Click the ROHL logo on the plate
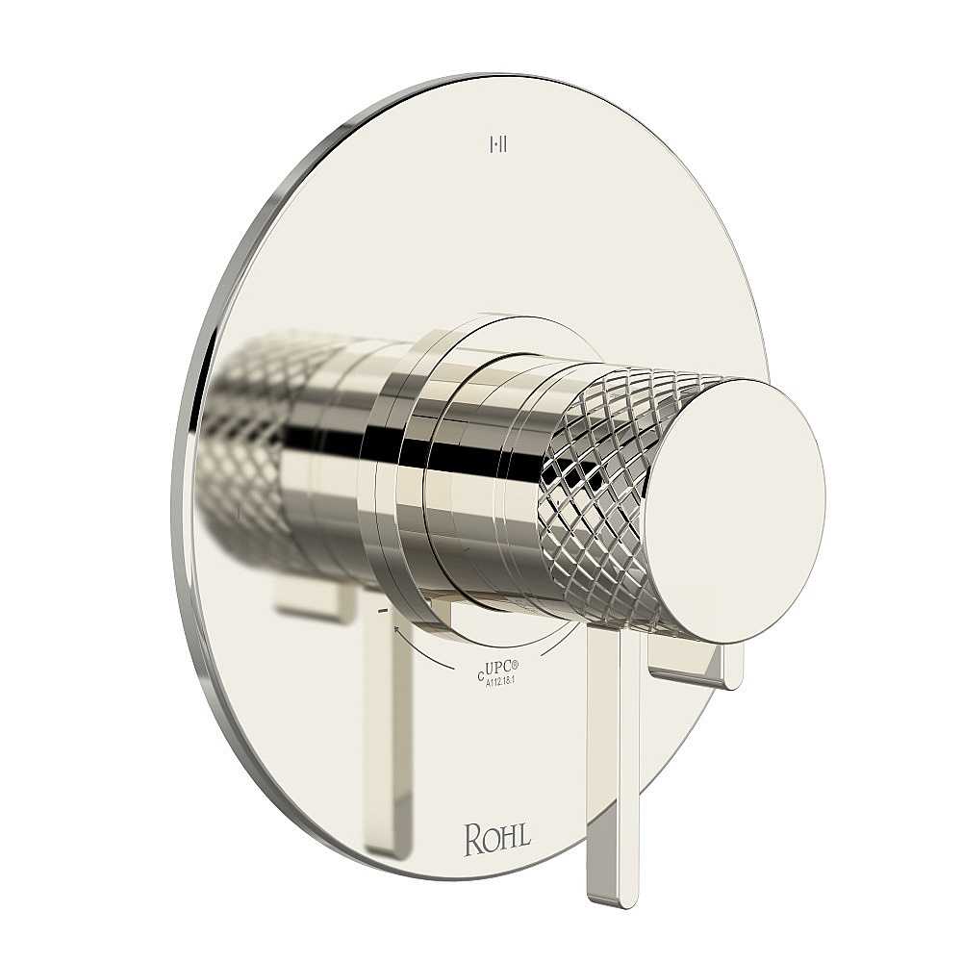(497, 839)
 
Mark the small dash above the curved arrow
(383, 611)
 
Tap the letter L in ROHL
(522, 839)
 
